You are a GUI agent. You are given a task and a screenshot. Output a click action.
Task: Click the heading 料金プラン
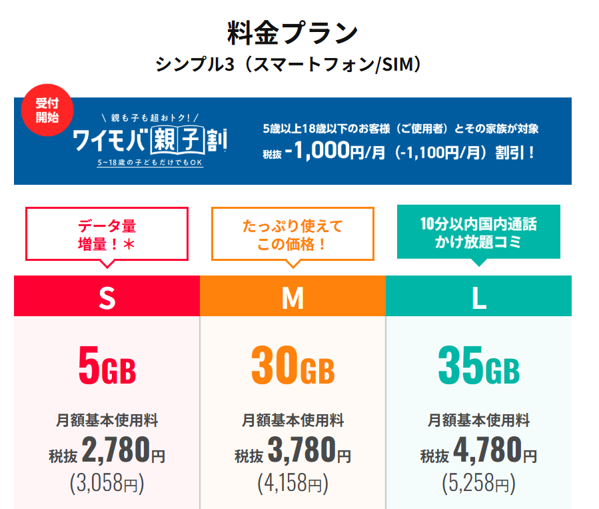[x=293, y=31]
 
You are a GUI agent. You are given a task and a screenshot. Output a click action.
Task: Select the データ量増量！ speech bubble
[x=107, y=234]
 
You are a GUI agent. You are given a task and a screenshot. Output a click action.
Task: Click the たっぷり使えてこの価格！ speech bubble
[x=293, y=234]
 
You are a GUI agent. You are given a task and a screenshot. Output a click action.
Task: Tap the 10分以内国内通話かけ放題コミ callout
[x=478, y=232]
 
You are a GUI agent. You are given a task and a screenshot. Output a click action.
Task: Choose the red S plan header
[x=107, y=296]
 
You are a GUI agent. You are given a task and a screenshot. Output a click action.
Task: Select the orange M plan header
[x=293, y=296]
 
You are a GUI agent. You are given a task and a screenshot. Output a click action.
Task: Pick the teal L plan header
[x=478, y=296]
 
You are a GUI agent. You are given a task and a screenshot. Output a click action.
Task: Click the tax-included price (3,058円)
[x=107, y=483]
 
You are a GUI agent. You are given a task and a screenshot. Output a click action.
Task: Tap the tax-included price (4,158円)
[x=293, y=483]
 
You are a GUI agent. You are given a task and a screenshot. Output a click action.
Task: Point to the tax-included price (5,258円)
[x=478, y=483]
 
